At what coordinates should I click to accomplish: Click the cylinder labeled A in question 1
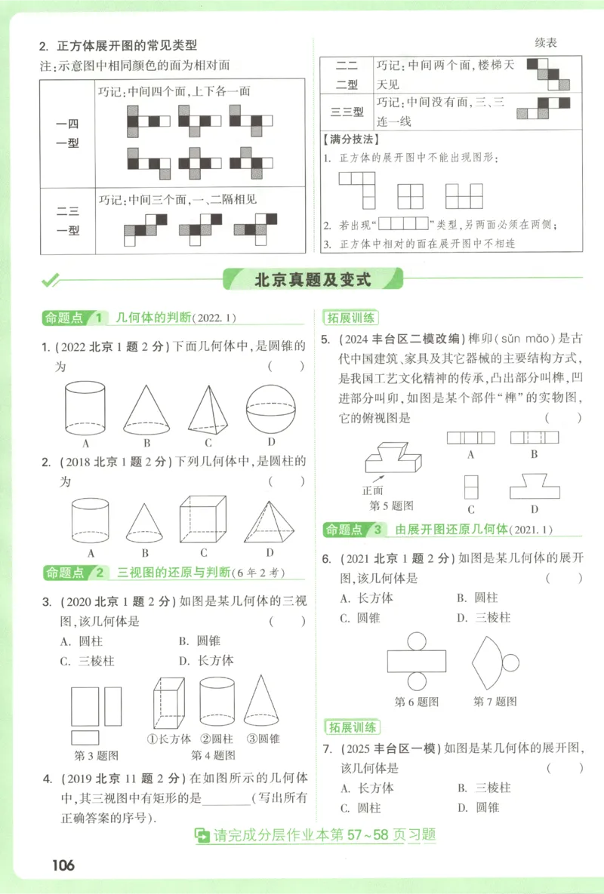tap(87, 409)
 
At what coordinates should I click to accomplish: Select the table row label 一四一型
tap(68, 134)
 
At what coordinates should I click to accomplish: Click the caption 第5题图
tap(390, 505)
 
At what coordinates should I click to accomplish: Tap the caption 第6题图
tap(417, 701)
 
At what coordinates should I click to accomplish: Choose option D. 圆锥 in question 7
tap(478, 807)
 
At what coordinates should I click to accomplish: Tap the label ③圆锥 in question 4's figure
tap(263, 739)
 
